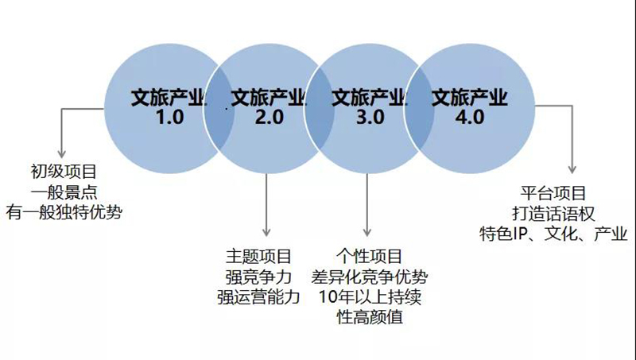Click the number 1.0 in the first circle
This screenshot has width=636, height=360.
pyautogui.click(x=170, y=117)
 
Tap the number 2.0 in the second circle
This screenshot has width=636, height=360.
pyautogui.click(x=270, y=117)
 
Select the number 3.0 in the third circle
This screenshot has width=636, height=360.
pyautogui.click(x=370, y=117)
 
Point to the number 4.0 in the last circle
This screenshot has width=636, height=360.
pyautogui.click(x=470, y=117)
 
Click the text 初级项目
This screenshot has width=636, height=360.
pyautogui.click(x=64, y=172)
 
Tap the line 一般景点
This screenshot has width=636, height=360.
pyautogui.click(x=64, y=192)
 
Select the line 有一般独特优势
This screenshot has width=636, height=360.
pyautogui.click(x=64, y=212)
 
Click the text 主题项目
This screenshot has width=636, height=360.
pyautogui.click(x=258, y=257)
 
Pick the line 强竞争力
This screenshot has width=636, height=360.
pyautogui.click(x=258, y=277)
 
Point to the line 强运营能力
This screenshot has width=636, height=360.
pyautogui.click(x=258, y=297)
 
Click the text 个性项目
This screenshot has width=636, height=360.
pyautogui.click(x=369, y=257)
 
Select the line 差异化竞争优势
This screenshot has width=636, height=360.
pyautogui.click(x=369, y=277)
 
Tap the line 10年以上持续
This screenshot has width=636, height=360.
pyautogui.click(x=370, y=297)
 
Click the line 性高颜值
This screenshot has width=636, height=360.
pyautogui.click(x=370, y=317)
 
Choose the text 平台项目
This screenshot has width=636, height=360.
pyautogui.click(x=553, y=193)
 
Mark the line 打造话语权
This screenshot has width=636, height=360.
pyautogui.click(x=553, y=214)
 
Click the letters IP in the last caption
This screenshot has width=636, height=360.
pyautogui.click(x=521, y=234)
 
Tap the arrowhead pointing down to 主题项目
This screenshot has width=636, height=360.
pyautogui.click(x=266, y=232)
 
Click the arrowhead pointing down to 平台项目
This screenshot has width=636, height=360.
pyautogui.click(x=572, y=169)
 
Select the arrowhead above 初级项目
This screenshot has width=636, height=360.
pyautogui.click(x=62, y=153)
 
